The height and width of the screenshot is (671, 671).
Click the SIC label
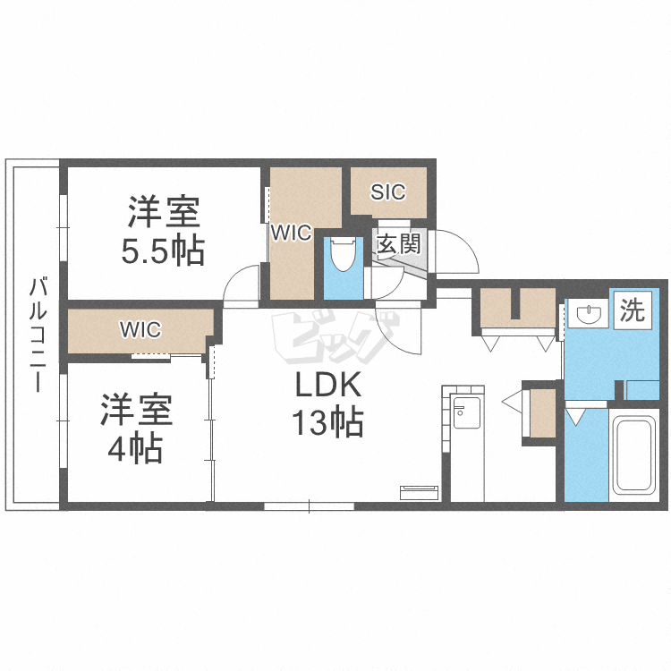(387, 192)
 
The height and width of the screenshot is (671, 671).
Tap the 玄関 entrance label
(398, 244)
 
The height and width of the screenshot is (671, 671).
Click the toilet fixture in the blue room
(343, 254)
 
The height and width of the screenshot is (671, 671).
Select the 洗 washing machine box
(633, 310)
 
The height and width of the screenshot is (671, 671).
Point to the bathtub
(633, 454)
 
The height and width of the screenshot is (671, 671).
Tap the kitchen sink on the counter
(467, 412)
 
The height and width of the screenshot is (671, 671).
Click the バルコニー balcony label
(38, 335)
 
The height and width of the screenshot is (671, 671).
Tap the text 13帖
(327, 422)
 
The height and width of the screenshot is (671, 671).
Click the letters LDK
(328, 385)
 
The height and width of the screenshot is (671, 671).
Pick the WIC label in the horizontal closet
(140, 329)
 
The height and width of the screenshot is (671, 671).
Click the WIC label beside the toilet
(291, 234)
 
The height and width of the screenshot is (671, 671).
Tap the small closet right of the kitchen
(543, 413)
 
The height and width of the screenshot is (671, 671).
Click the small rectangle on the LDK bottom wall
(420, 493)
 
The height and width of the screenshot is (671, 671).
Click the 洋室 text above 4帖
(136, 410)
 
